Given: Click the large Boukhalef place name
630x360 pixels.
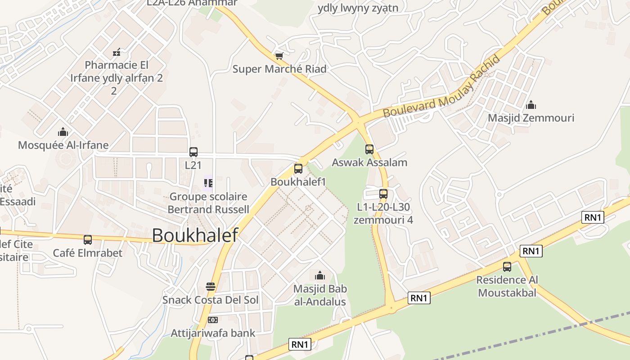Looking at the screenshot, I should (x=194, y=235).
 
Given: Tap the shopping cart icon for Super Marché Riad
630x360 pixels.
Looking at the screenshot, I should (x=279, y=56).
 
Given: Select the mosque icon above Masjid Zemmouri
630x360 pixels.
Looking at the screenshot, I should (x=531, y=105).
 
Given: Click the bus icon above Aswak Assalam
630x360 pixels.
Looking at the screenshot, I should (x=369, y=149).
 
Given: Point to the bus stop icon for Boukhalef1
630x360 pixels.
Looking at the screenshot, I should (x=298, y=169).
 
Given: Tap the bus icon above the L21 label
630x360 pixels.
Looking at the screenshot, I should (x=193, y=152).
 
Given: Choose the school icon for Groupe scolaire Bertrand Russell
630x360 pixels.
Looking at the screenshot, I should (x=208, y=183).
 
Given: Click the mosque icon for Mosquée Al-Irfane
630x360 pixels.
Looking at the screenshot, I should (x=63, y=132).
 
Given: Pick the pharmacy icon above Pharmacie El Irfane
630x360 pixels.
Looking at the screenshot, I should (x=117, y=52).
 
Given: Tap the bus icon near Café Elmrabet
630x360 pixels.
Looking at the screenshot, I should (x=88, y=240).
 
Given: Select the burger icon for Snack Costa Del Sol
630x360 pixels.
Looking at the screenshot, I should (x=210, y=286).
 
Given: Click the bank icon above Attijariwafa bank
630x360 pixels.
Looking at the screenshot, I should (x=212, y=320).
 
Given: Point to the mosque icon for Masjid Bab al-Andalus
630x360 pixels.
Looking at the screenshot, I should (x=320, y=275).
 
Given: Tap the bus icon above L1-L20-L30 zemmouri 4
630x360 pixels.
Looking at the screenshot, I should (x=383, y=194).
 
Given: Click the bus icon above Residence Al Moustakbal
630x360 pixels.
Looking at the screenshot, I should (x=507, y=267).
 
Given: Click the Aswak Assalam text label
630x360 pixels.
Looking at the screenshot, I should (x=369, y=162).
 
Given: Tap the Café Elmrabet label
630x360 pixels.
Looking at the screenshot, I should (x=88, y=253).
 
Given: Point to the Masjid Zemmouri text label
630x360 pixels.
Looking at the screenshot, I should (x=531, y=118).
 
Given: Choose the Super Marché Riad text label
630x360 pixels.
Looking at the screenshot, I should (x=279, y=69).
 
